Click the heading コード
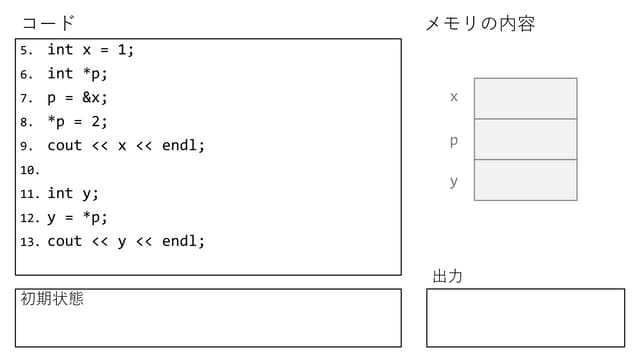point(48,23)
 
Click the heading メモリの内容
point(480,23)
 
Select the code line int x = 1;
point(90,49)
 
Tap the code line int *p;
point(77,73)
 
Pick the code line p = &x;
point(77,97)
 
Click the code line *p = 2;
point(77,121)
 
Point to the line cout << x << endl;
point(126,145)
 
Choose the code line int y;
point(73,193)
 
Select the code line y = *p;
point(77,217)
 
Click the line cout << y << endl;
point(126,241)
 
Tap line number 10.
point(29,170)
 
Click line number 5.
point(26,50)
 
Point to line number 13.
point(29,242)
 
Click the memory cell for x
point(525,98)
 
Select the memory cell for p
point(525,139)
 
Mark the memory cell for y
point(525,180)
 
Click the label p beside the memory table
point(454,140)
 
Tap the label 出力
point(447,276)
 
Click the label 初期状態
point(52,298)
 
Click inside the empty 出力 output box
point(525,318)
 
